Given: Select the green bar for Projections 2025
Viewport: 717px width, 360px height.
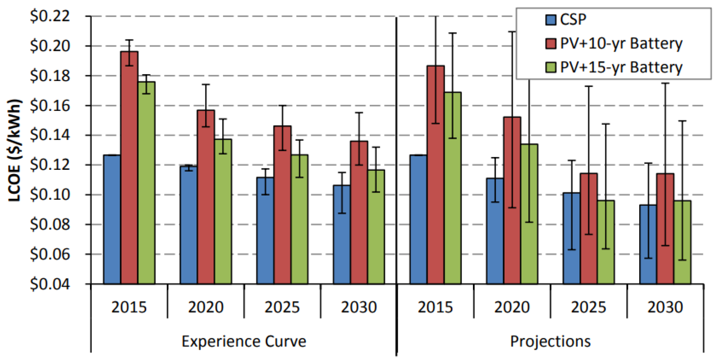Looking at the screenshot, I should pyautogui.click(x=606, y=242).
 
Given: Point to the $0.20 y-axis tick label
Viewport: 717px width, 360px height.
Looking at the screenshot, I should pyautogui.click(x=50, y=46).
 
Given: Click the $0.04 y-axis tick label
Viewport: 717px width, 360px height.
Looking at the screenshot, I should pyautogui.click(x=50, y=284).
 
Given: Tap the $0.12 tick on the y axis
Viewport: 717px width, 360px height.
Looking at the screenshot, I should pyautogui.click(x=50, y=165).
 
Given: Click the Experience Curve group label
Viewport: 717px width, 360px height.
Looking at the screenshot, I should pyautogui.click(x=244, y=341).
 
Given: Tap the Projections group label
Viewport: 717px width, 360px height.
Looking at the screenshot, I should pyautogui.click(x=550, y=341).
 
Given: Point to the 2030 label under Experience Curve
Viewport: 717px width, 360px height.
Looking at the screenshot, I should pyautogui.click(x=359, y=307).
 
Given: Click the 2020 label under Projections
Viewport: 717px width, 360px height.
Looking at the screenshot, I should pyautogui.click(x=512, y=307).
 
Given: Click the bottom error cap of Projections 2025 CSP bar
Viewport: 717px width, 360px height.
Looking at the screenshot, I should pyautogui.click(x=571, y=249).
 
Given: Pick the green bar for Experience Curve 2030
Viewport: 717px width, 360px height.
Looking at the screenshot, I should pyautogui.click(x=376, y=227).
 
